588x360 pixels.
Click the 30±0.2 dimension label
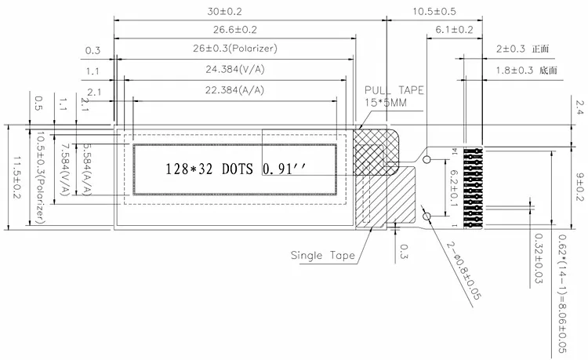click(225, 11)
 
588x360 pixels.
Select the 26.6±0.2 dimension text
click(234, 30)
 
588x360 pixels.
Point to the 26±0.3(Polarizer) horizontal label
click(235, 49)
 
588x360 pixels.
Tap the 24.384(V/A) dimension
click(234, 69)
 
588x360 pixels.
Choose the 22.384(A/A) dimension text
click(234, 90)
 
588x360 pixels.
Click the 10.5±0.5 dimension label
click(434, 11)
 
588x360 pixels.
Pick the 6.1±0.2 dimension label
click(454, 30)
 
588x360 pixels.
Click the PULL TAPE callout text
click(394, 90)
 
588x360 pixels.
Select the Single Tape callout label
click(322, 256)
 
